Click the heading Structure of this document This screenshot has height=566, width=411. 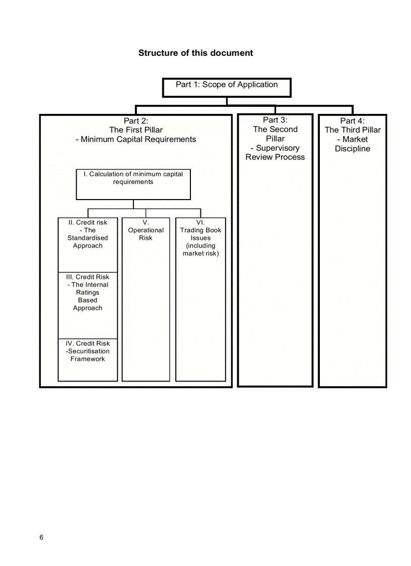195,53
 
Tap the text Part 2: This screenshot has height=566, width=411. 135,121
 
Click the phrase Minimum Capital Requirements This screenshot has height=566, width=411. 139,140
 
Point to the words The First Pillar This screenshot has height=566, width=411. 136,130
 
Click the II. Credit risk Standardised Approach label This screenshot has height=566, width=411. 88,234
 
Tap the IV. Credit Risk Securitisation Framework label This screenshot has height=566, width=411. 88,351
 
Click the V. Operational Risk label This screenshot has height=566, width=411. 146,230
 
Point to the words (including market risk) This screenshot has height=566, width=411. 200,250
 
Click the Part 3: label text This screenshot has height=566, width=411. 275,120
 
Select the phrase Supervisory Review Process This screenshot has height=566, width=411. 275,153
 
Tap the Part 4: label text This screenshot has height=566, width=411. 352,121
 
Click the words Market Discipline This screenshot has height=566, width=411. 353,144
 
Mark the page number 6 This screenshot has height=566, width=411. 41,537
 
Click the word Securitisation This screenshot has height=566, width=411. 89,351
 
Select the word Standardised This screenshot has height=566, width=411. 88,238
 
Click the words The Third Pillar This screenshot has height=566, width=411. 353,130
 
